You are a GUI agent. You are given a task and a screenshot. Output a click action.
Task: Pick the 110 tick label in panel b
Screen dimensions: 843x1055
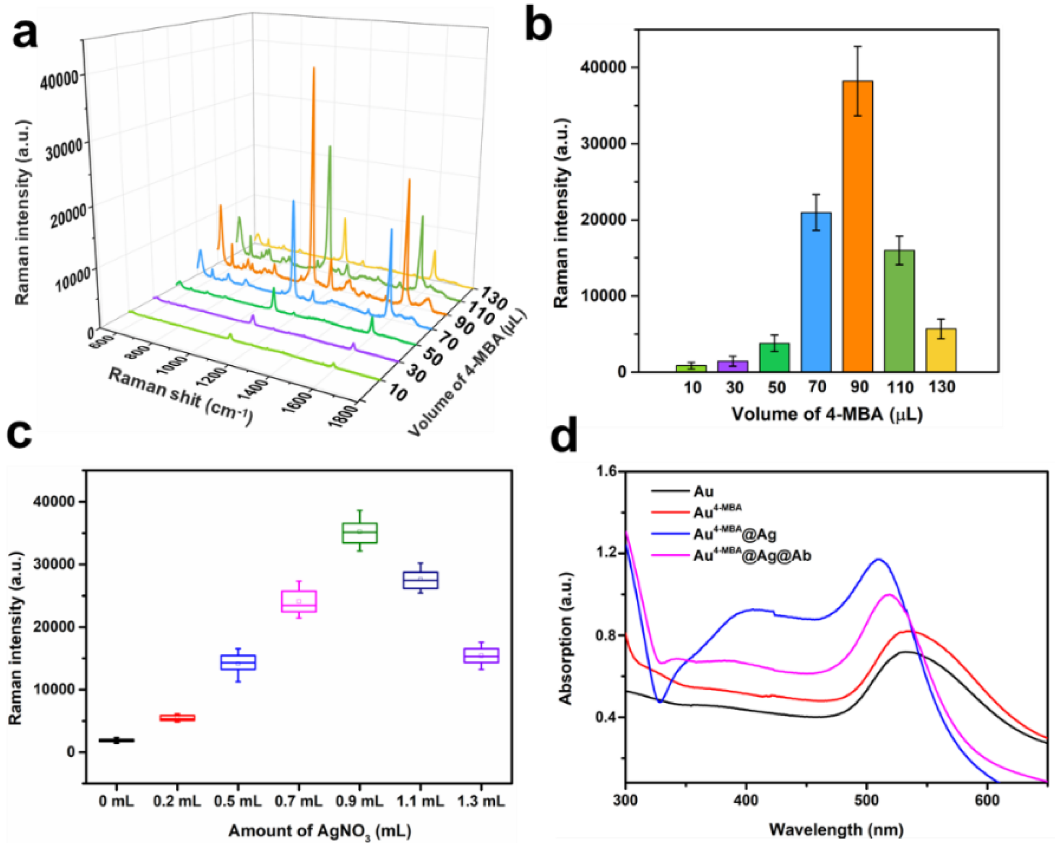click(x=899, y=388)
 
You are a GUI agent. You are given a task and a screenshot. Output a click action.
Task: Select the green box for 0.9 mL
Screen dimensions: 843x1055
click(x=360, y=533)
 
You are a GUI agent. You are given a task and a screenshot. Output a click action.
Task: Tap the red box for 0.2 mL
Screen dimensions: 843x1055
click(x=177, y=718)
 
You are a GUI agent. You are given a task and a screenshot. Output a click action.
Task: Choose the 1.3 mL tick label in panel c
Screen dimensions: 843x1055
click(x=480, y=801)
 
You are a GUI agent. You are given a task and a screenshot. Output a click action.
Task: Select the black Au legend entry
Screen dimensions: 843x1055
click(x=703, y=491)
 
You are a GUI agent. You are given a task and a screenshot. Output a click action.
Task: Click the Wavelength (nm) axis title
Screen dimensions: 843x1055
click(x=836, y=829)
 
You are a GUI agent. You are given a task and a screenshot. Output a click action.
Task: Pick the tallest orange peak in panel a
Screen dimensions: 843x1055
click(x=314, y=68)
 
